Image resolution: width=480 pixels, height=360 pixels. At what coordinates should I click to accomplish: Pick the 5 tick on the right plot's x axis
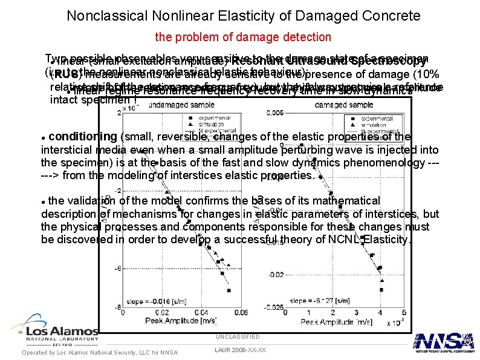tap(373, 312)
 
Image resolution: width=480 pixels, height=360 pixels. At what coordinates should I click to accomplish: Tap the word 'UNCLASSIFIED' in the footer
tap(238, 336)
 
